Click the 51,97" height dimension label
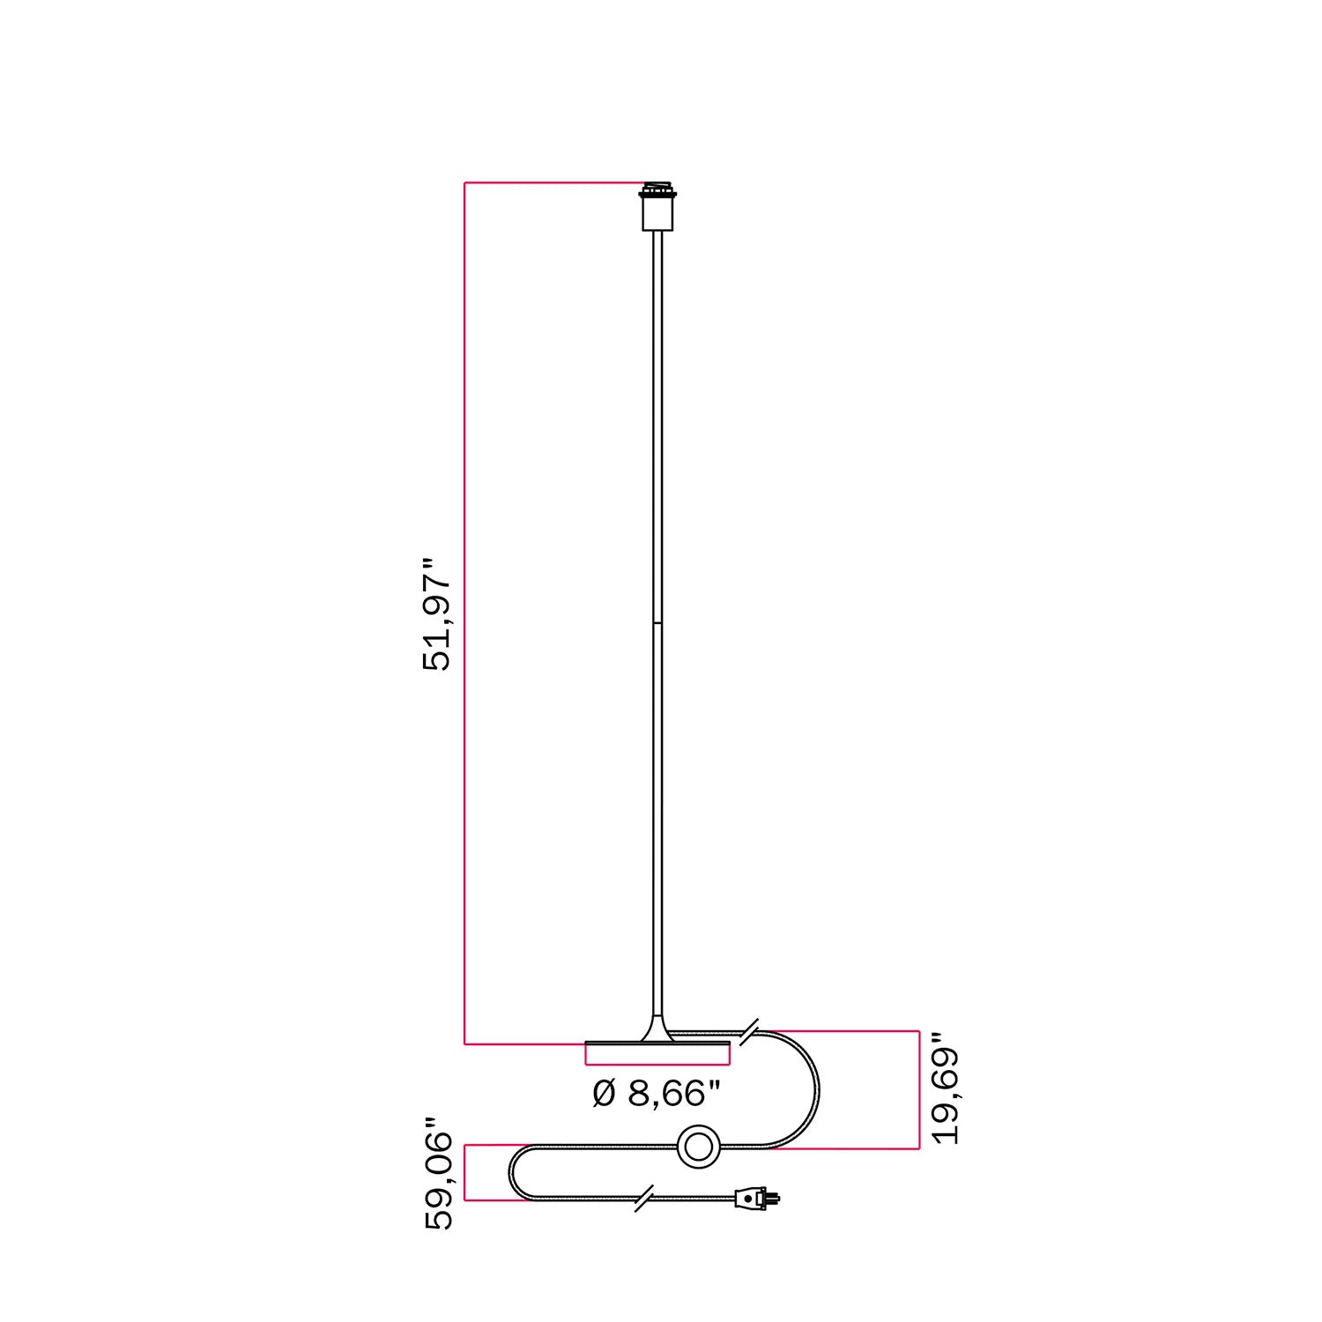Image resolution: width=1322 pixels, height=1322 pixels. pyautogui.click(x=437, y=614)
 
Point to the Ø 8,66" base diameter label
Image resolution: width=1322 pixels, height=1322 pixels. pyautogui.click(x=657, y=1094)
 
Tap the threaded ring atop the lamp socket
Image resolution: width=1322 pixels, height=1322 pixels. pyautogui.click(x=657, y=189)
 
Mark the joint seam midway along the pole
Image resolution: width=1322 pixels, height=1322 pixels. pyautogui.click(x=657, y=623)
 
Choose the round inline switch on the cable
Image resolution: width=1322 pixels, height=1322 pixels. pyautogui.click(x=699, y=1147)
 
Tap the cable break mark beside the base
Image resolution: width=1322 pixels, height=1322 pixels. pyautogui.click(x=749, y=1031)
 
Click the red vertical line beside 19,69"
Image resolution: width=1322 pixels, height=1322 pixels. pyautogui.click(x=919, y=1089)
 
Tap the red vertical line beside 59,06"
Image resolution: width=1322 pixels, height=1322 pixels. pyautogui.click(x=465, y=1173)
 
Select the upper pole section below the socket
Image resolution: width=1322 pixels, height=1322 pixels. pyautogui.click(x=657, y=423)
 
